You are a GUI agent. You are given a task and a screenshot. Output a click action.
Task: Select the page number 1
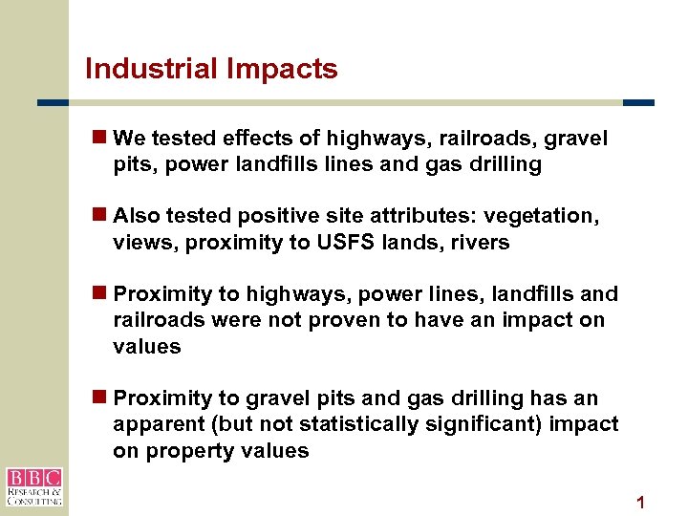(641, 502)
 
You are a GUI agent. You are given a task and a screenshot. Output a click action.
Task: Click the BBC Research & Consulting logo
(33, 486)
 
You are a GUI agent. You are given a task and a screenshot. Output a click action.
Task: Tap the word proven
(303, 320)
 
